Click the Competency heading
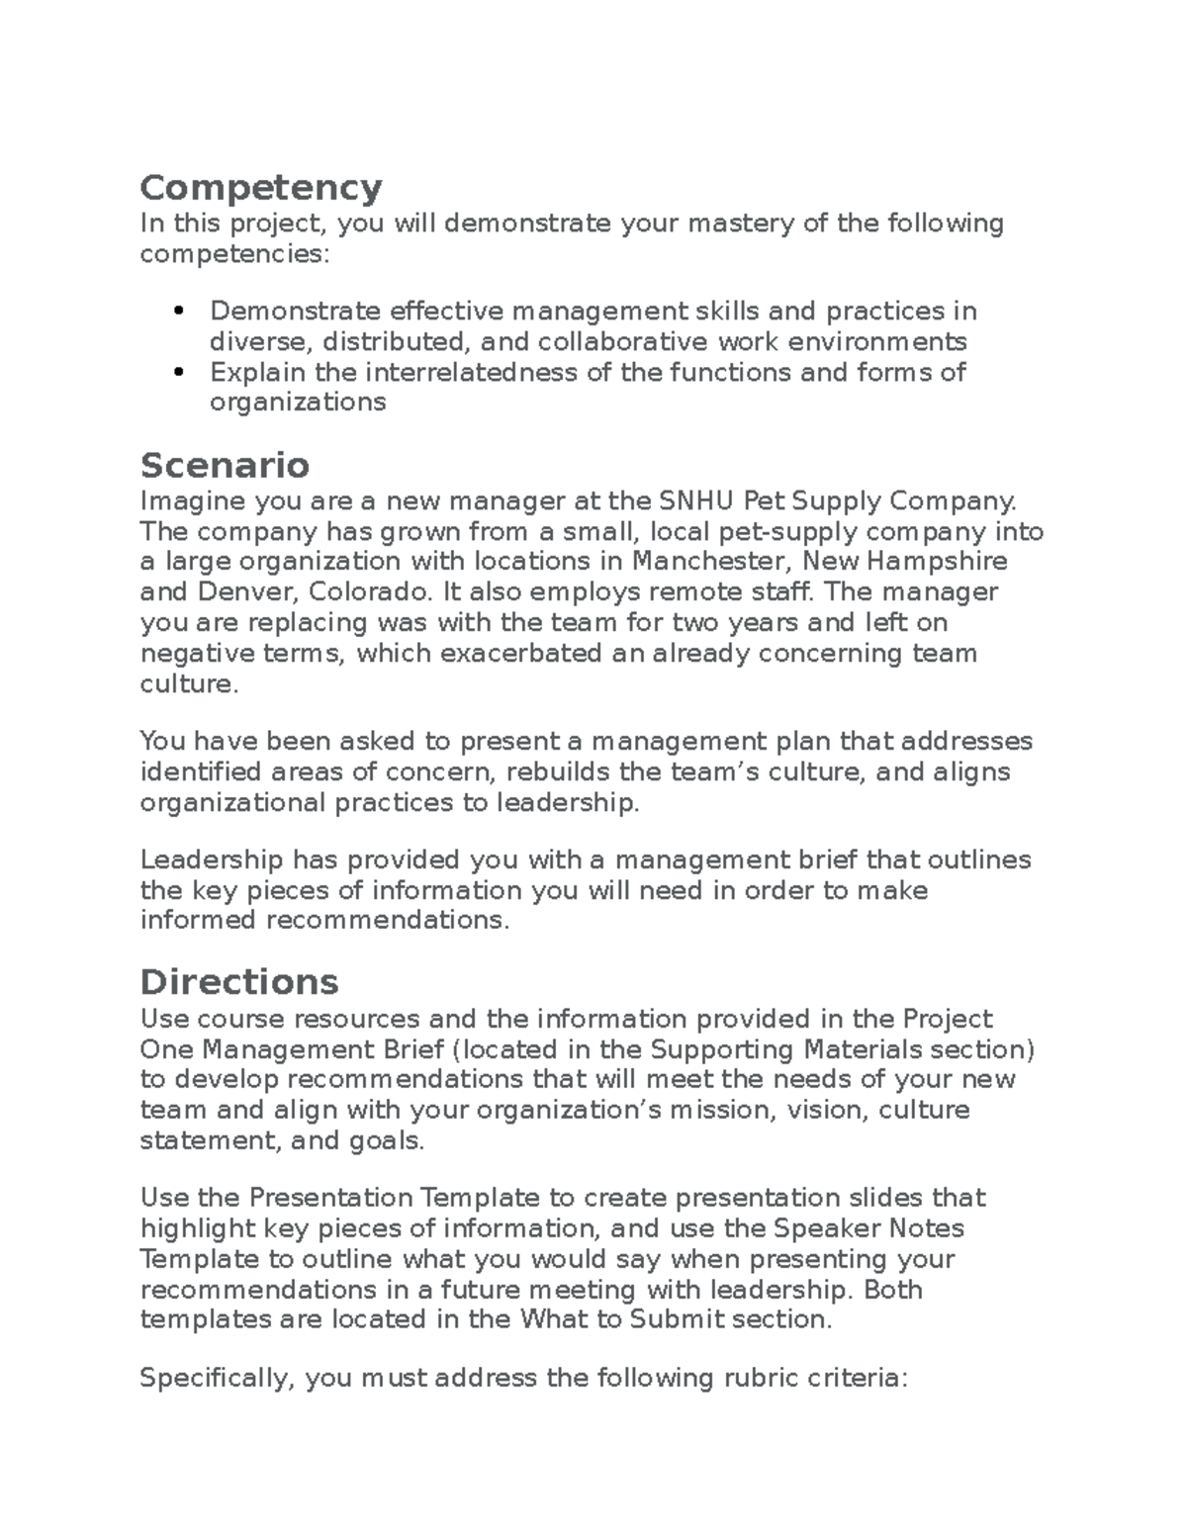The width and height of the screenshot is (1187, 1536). [x=261, y=187]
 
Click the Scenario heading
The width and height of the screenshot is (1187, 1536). [x=225, y=464]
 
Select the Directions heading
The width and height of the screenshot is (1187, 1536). [x=239, y=981]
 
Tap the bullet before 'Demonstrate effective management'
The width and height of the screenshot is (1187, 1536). [x=179, y=312]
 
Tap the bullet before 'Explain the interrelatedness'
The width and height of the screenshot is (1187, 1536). [x=179, y=373]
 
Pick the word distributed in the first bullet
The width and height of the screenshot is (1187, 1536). [x=393, y=342]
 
